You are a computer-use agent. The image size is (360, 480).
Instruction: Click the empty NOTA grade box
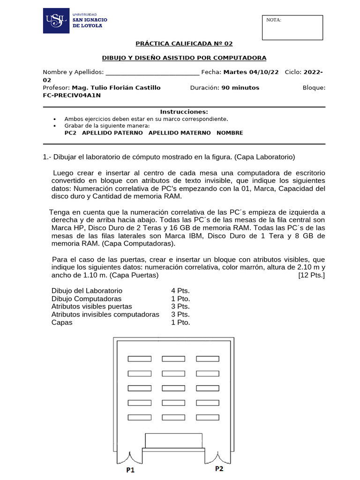[x=292, y=28]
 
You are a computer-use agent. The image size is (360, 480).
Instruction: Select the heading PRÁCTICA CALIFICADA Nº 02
[x=184, y=44]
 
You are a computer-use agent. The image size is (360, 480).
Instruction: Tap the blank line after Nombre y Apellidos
[x=152, y=73]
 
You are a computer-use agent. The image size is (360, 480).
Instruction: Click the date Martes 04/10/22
[x=251, y=72]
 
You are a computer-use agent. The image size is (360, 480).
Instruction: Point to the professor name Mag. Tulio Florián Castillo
[x=116, y=88]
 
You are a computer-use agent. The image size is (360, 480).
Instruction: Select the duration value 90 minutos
[x=240, y=88]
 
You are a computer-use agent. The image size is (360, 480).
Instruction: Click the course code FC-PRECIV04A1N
[x=72, y=95]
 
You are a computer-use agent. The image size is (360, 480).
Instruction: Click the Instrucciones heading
[x=184, y=112]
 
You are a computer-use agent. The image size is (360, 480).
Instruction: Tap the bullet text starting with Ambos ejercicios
[x=146, y=119]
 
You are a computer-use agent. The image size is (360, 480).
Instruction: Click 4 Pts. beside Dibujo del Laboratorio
[x=180, y=291]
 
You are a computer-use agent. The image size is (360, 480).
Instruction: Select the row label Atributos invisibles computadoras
[x=105, y=314]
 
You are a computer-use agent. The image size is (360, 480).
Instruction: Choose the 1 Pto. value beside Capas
[x=180, y=322]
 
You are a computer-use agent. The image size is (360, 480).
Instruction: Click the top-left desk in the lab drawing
[x=140, y=359]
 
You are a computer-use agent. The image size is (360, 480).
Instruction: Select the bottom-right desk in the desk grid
[x=208, y=417]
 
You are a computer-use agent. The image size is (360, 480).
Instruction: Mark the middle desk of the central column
[x=173, y=388]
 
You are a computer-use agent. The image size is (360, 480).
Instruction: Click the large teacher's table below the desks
[x=174, y=441]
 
